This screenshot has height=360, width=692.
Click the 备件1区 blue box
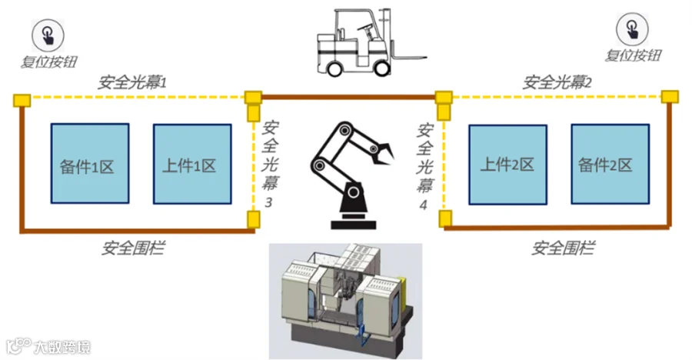coord(90,163)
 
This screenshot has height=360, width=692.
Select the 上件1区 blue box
coord(192,164)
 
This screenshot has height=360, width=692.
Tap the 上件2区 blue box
coord(508,165)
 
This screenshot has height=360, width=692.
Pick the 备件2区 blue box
coord(610,165)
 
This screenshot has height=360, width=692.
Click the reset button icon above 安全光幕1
coord(48,35)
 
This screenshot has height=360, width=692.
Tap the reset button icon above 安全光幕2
coord(633,29)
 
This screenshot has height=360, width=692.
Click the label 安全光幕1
coord(132,82)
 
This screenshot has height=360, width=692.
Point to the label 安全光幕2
coord(557,82)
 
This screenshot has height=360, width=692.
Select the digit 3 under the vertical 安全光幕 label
coord(268,202)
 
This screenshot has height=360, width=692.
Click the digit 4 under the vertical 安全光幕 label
coord(423,205)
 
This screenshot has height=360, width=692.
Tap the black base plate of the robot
coord(354,225)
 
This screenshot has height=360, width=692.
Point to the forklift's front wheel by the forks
coord(382,68)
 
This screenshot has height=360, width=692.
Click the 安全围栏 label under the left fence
coord(133,248)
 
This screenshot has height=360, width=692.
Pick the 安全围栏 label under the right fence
coord(563,248)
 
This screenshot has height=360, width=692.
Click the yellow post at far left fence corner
coord(22,101)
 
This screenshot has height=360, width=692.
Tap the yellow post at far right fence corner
coord(670,97)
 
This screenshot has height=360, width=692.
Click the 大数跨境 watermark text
coord(62,347)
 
